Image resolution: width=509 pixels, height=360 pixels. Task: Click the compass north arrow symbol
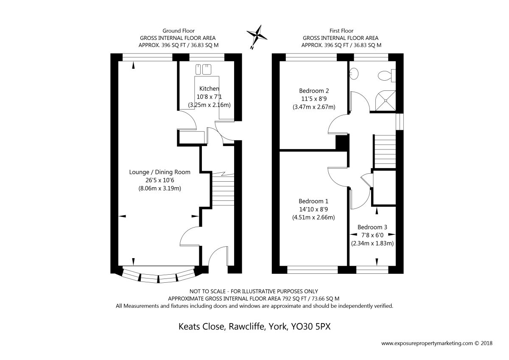(x=257, y=37)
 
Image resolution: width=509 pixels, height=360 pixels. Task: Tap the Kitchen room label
(x=209, y=88)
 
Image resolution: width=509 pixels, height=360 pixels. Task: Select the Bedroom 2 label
(x=314, y=91)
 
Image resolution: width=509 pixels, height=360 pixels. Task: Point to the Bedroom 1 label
(x=313, y=201)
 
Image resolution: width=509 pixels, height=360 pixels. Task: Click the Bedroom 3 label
(x=372, y=227)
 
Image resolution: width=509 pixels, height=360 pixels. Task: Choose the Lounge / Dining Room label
(x=160, y=172)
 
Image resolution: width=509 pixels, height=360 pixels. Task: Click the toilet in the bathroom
(x=387, y=76)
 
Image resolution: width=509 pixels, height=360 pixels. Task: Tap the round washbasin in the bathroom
(x=354, y=73)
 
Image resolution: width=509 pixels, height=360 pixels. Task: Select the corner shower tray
(x=386, y=101)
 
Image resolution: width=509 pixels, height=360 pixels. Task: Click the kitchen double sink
(x=203, y=69)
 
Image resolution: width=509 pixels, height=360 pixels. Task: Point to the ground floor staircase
(x=223, y=189)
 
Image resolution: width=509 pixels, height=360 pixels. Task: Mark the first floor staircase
(x=385, y=152)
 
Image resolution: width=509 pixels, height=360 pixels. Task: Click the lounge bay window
(x=159, y=275)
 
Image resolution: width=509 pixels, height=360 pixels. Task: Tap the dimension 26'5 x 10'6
(x=160, y=180)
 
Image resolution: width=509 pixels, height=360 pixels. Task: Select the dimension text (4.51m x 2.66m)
(x=313, y=217)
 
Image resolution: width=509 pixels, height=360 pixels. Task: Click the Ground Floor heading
(x=179, y=31)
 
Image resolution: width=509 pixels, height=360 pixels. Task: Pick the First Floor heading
(x=341, y=31)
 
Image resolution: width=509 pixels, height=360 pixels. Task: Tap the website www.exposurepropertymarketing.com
(x=427, y=343)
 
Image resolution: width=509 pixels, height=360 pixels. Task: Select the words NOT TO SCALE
(x=207, y=291)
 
